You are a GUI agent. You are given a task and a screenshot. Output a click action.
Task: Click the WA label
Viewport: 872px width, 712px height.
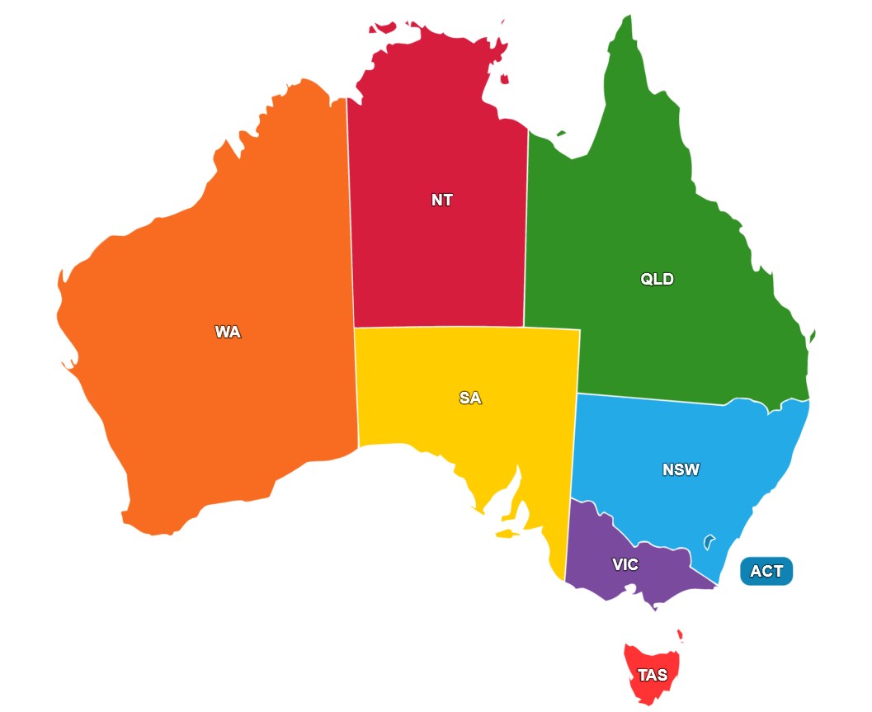pos(228,332)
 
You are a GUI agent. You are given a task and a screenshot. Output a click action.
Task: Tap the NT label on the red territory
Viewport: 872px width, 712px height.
pos(442,200)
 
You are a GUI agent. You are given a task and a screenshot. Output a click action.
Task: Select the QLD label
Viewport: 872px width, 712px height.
pos(657,279)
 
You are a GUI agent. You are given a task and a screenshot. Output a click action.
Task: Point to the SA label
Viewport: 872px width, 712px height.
pos(470,398)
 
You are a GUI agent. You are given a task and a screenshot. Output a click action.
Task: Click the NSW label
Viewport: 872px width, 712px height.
pos(681,470)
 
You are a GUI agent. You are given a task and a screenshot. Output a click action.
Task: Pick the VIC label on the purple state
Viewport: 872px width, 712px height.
pos(625,565)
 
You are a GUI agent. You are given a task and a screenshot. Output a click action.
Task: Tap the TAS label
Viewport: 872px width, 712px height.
pos(653,675)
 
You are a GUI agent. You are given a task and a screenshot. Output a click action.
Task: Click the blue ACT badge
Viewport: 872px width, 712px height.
pos(766,571)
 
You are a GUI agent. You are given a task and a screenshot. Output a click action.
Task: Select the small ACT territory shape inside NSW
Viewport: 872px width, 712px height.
pos(708,542)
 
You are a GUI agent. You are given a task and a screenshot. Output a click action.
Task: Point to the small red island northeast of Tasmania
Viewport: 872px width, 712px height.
pos(680,635)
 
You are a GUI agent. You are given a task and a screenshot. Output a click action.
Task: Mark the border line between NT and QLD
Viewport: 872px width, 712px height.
pos(526,231)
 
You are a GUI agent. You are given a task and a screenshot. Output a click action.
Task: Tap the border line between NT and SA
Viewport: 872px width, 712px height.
pos(437,328)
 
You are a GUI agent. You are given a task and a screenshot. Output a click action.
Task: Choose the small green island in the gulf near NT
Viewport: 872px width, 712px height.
pos(561,132)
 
